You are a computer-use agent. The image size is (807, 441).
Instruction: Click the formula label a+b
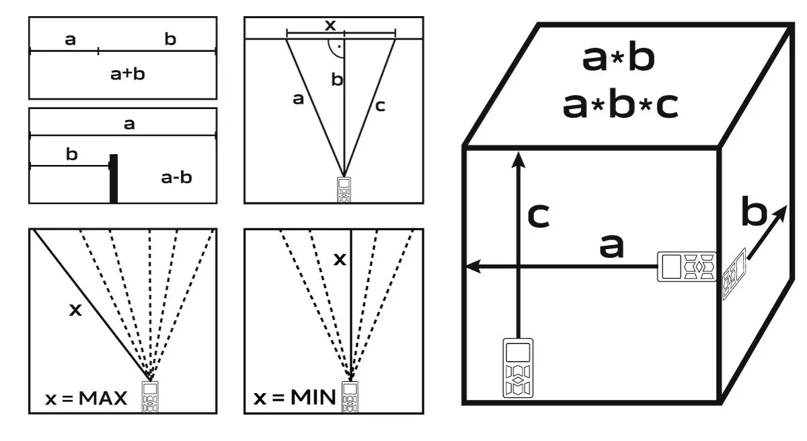pyautogui.click(x=128, y=74)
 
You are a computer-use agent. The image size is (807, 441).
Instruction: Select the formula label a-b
pyautogui.click(x=176, y=177)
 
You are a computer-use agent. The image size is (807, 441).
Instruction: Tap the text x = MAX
pyautogui.click(x=86, y=399)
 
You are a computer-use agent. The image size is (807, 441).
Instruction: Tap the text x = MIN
pyautogui.click(x=295, y=397)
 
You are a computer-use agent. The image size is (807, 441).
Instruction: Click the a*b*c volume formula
pyautogui.click(x=620, y=105)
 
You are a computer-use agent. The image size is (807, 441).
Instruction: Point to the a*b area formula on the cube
pyautogui.click(x=618, y=58)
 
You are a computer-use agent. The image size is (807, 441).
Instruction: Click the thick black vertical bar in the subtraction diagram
pyautogui.click(x=114, y=178)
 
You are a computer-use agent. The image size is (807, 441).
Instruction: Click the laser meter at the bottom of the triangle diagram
pyautogui.click(x=344, y=190)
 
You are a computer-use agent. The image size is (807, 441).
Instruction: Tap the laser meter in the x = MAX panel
pyautogui.click(x=150, y=397)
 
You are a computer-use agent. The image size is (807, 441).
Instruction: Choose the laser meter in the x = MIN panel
pyautogui.click(x=350, y=397)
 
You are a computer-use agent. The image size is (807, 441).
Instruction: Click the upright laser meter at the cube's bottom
pyautogui.click(x=518, y=368)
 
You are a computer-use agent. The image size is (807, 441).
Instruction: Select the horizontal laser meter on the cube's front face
pyautogui.click(x=687, y=267)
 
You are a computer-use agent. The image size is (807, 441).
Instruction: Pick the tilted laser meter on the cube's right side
pyautogui.click(x=734, y=273)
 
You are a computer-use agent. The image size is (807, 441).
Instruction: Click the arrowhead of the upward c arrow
pyautogui.click(x=518, y=160)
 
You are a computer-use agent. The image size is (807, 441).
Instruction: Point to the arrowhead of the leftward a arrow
pyautogui.click(x=473, y=267)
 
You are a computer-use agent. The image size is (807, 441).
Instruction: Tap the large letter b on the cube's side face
pyautogui.click(x=754, y=211)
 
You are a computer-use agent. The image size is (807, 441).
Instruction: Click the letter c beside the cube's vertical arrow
pyautogui.click(x=539, y=215)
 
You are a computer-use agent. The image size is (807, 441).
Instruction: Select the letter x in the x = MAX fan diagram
pyautogui.click(x=75, y=310)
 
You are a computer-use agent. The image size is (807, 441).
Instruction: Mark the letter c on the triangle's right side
pyautogui.click(x=380, y=106)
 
